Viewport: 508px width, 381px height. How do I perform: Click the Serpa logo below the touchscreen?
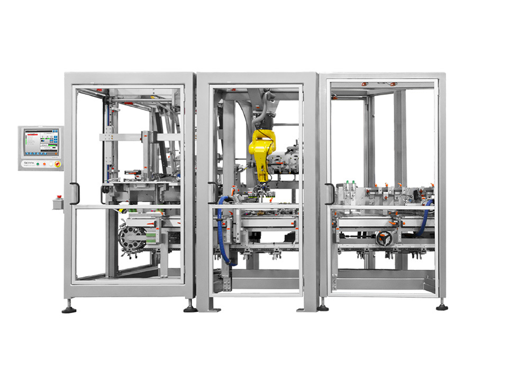(x=28, y=164)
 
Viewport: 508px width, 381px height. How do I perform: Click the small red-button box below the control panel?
(x=58, y=202)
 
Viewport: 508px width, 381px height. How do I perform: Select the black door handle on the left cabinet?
(x=74, y=193)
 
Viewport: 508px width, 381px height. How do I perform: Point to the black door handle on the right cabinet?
(x=329, y=193)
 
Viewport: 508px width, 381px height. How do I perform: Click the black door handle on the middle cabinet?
(x=212, y=193)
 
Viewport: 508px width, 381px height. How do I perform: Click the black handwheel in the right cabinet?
(x=384, y=239)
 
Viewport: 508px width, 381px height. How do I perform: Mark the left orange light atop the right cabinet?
(x=364, y=84)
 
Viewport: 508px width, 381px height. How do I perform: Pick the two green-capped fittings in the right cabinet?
(x=350, y=183)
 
